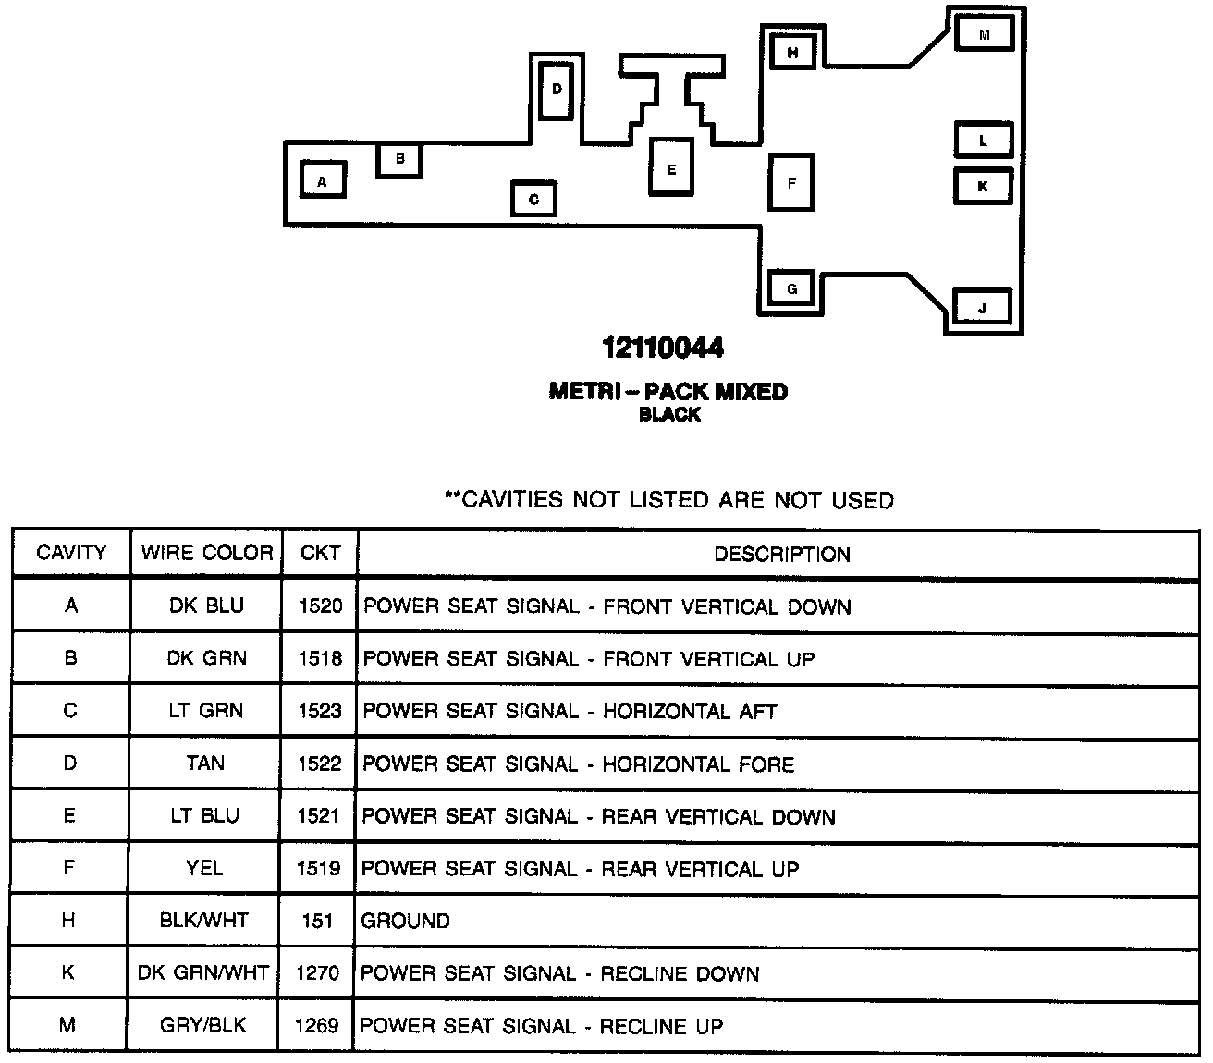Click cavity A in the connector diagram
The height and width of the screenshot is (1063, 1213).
322,180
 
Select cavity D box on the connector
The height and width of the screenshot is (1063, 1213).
557,90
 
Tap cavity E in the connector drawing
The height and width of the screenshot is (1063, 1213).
671,167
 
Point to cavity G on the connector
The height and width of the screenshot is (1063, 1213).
791,289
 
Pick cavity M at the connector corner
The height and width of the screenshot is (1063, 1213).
984,34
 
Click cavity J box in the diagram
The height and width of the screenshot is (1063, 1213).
982,307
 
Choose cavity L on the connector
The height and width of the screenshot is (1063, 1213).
983,141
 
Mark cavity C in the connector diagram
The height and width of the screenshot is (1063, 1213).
533,199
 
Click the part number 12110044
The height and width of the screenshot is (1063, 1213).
663,348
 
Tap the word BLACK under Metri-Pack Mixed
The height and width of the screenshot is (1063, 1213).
669,415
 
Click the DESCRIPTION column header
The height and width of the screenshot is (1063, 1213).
782,555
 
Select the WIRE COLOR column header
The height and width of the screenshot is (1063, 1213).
207,554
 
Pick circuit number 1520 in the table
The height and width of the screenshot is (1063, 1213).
320,606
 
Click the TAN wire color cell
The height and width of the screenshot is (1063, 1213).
205,764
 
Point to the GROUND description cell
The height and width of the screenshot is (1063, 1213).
406,922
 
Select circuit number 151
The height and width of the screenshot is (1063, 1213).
317,922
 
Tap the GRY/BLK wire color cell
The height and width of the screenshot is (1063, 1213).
203,1025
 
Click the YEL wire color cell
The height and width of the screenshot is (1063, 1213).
204,868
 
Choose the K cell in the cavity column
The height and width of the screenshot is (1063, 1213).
69,973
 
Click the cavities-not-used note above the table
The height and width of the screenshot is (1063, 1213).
669,500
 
